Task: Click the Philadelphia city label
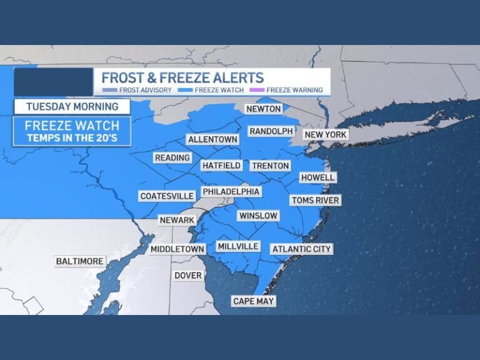coord(231,191)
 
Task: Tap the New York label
coord(326,134)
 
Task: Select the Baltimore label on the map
coord(80,261)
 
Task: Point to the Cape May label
coord(254,301)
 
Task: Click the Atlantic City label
coord(301,249)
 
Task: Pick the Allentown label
coord(212,139)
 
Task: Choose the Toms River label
coord(315,200)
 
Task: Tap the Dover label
coord(188,275)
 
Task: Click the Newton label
coord(263,109)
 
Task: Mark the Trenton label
coord(271,166)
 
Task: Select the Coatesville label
coord(167,196)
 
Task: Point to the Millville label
coord(238,246)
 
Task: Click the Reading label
coord(172,158)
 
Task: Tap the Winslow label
coord(257,216)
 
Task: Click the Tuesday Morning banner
coord(72,106)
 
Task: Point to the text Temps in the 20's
coord(72,138)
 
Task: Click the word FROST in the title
coord(124,78)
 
